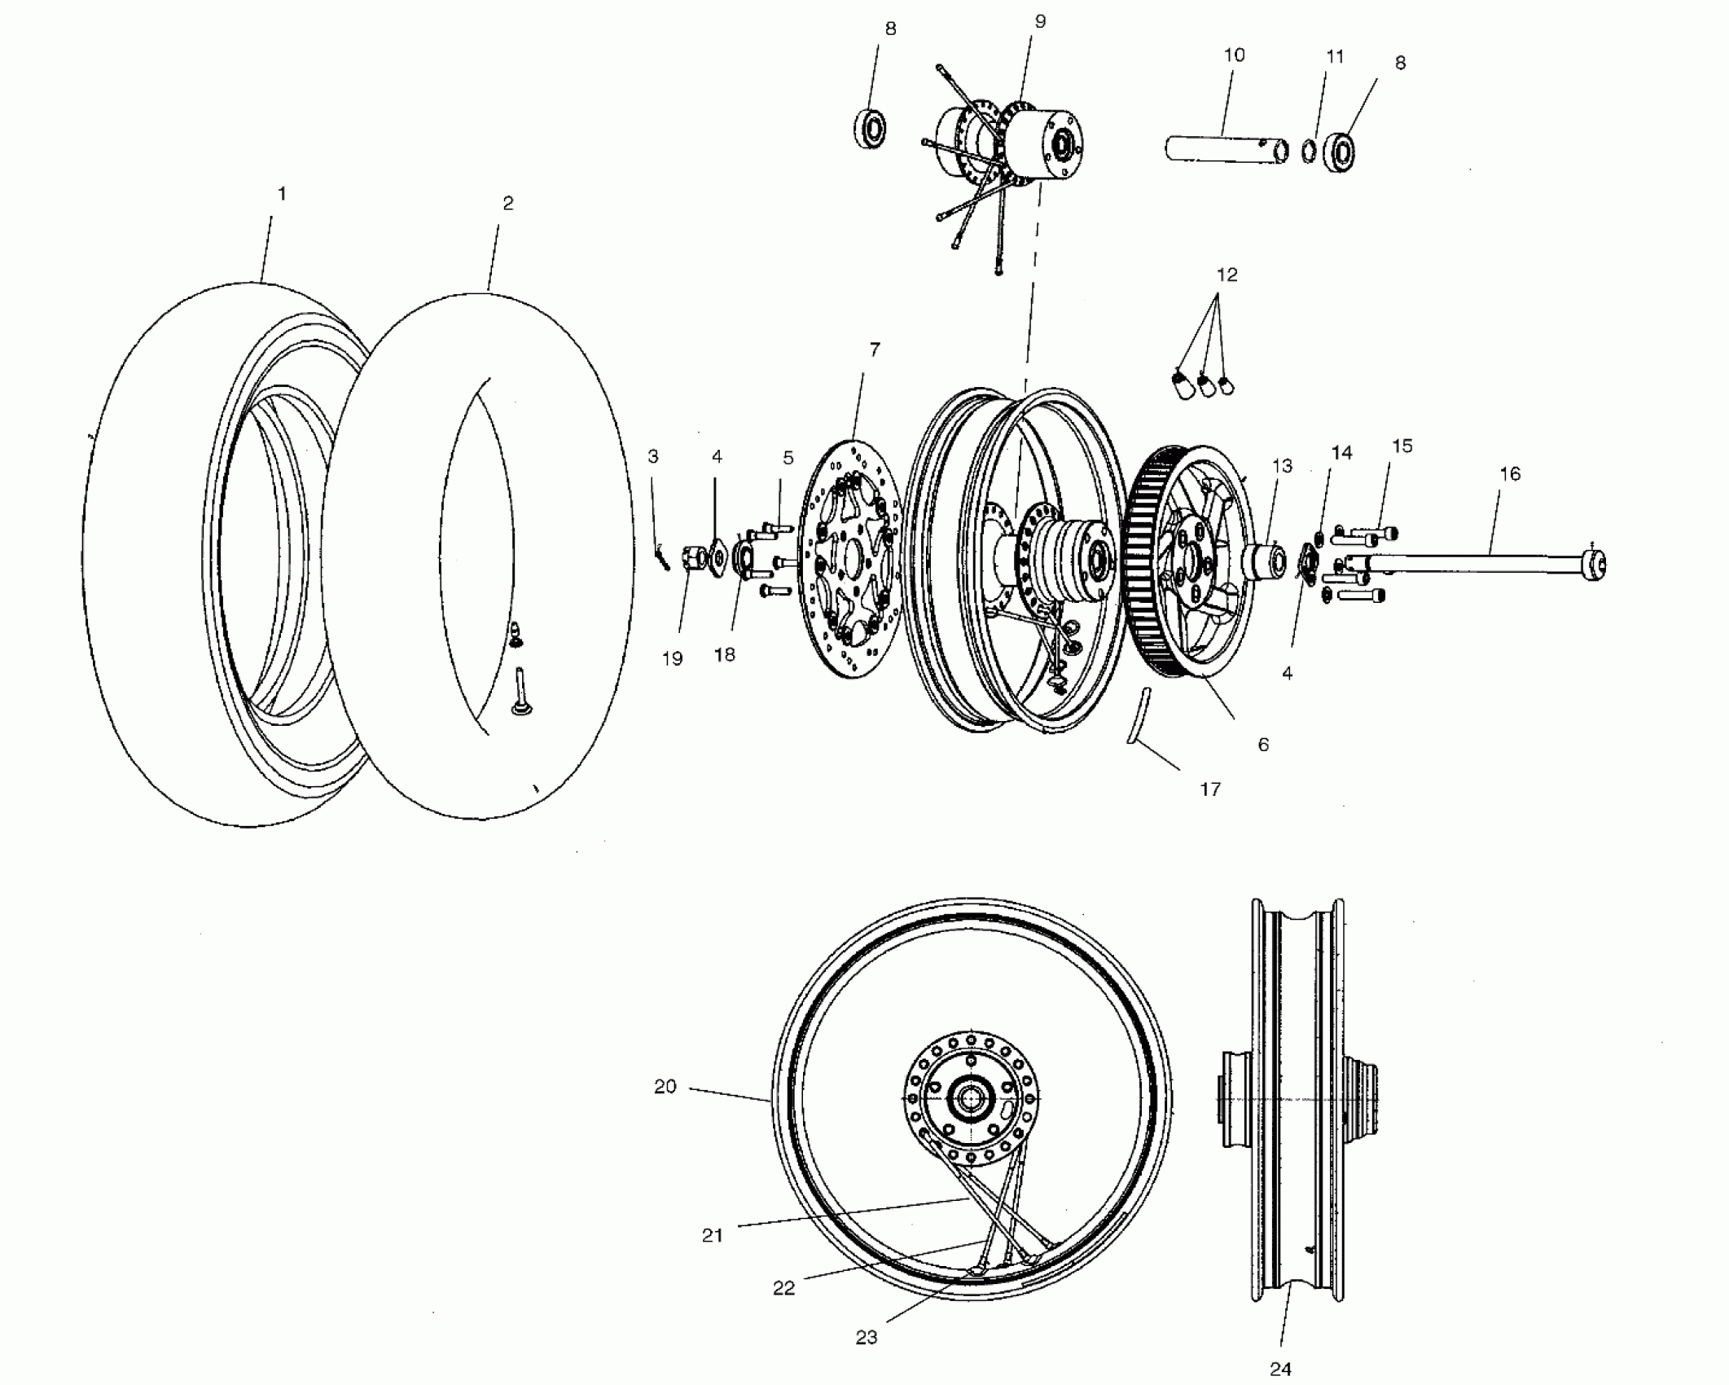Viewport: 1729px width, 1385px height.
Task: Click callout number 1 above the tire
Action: [x=282, y=194]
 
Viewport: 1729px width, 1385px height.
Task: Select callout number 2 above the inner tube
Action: [x=508, y=204]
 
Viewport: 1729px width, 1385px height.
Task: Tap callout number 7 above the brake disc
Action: [x=875, y=350]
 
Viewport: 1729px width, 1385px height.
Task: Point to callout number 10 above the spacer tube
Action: [x=1234, y=55]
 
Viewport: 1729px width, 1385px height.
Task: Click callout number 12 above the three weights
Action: [x=1227, y=275]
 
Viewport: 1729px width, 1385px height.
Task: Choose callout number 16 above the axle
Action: [x=1509, y=473]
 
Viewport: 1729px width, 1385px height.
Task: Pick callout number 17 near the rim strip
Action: [x=1210, y=789]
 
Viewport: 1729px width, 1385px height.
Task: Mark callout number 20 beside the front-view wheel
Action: [x=665, y=1086]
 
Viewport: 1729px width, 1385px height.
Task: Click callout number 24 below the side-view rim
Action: [x=1280, y=1369]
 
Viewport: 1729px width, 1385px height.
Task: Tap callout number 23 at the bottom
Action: [x=867, y=1337]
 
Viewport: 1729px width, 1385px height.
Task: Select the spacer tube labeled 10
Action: [x=1226, y=150]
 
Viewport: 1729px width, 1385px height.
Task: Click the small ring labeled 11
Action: [x=1308, y=152]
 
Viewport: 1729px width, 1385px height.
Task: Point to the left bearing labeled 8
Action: [x=871, y=129]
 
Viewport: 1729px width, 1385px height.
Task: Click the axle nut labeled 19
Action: [x=693, y=558]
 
